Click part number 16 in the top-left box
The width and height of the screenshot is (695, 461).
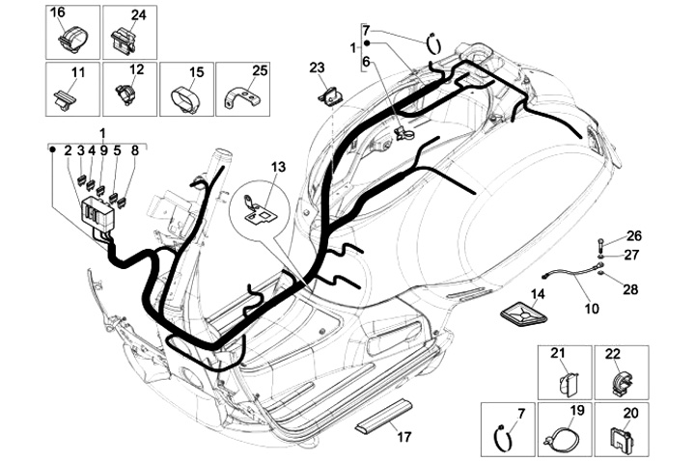58,13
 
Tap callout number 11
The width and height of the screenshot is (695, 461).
78,71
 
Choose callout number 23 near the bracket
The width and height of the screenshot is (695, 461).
318,67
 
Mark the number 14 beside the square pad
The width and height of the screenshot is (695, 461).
538,293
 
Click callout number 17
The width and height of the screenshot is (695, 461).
403,437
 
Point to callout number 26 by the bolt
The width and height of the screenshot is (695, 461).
633,235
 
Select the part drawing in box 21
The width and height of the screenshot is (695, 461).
564,383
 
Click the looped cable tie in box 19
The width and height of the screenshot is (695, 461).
557,439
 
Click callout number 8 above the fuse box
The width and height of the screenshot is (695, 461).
135,150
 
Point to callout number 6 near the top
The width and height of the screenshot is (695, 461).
366,61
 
